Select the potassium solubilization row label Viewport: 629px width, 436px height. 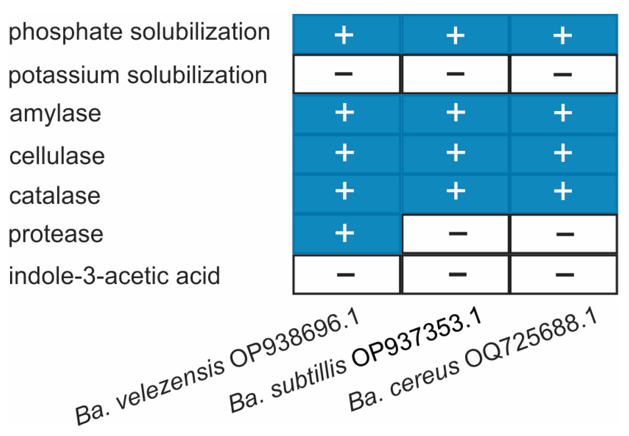click(138, 75)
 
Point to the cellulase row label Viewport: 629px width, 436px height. click(57, 156)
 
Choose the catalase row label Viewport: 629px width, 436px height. click(55, 196)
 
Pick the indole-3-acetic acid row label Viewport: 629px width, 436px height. click(114, 276)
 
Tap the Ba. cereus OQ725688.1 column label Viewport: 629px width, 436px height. click(473, 361)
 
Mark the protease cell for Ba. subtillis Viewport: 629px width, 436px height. click(455, 234)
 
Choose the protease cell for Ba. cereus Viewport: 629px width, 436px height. click(564, 234)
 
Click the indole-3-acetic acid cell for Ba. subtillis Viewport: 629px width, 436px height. click(455, 274)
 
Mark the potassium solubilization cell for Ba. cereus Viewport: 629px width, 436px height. click(564, 74)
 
